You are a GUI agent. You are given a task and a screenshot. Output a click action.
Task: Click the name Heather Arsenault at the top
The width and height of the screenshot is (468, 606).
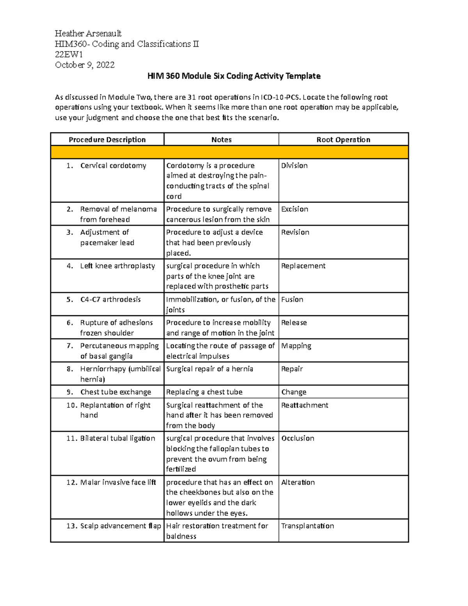(88, 33)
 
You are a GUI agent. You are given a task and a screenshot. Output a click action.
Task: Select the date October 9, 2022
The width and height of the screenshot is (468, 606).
(85, 65)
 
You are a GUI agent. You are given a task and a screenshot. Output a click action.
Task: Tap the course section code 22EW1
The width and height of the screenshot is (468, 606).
(69, 54)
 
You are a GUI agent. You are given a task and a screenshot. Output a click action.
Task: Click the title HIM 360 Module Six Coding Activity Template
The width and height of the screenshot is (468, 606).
(234, 76)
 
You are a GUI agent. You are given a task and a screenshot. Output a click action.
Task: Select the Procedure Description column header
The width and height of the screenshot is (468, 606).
(107, 140)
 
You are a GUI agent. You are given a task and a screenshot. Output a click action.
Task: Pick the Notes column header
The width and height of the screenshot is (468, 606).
(221, 140)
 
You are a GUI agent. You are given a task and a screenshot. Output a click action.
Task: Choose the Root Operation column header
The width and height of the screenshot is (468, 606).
(343, 140)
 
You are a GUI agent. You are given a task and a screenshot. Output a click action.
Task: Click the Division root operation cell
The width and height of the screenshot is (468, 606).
(294, 165)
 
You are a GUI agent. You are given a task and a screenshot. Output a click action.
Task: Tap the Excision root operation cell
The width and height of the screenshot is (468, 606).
(294, 209)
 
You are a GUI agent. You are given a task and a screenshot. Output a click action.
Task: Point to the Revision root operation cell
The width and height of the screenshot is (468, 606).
(295, 232)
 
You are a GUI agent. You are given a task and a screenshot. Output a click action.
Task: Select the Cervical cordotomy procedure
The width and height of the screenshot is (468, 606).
(113, 165)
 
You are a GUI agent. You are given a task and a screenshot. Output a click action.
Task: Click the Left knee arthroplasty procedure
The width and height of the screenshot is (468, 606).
(117, 266)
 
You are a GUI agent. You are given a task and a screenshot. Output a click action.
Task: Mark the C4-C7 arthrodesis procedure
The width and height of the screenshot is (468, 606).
(110, 299)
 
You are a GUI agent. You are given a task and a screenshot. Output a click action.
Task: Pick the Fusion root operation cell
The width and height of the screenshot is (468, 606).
(292, 299)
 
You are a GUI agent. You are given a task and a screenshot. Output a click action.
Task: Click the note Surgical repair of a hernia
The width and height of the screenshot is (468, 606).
(209, 369)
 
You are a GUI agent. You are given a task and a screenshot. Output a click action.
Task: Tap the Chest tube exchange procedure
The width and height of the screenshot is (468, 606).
(115, 392)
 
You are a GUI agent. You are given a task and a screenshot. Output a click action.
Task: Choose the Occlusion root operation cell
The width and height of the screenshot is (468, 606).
(298, 438)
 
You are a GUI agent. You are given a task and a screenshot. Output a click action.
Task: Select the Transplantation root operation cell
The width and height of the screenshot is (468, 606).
(307, 526)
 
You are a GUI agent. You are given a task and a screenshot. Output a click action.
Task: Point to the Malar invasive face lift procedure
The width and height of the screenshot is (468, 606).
(118, 482)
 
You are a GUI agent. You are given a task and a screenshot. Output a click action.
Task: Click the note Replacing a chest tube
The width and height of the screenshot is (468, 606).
(204, 392)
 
